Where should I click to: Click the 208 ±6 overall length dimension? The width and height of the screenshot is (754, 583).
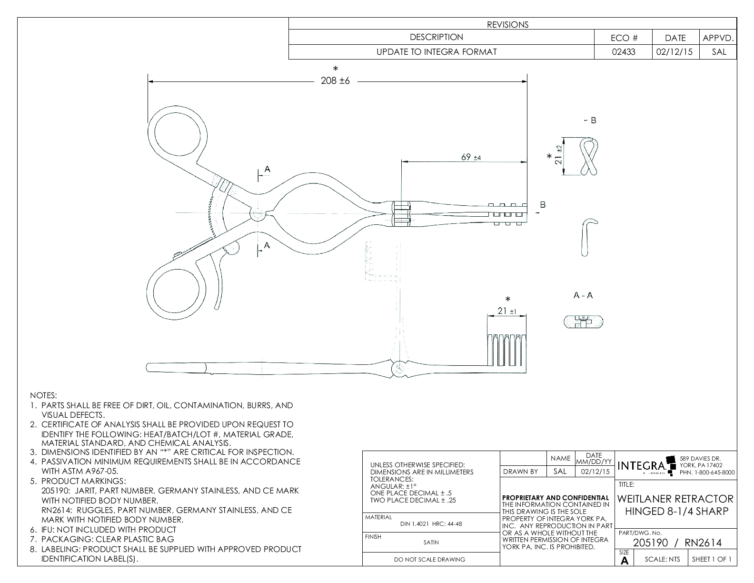click(336, 81)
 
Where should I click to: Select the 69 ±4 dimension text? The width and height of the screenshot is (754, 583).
click(471, 157)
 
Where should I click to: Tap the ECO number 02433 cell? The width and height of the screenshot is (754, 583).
click(623, 52)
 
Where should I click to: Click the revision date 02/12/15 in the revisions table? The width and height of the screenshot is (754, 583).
click(675, 52)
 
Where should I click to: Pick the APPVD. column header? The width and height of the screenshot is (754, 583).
click(718, 38)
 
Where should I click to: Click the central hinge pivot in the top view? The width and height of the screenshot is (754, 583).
click(258, 213)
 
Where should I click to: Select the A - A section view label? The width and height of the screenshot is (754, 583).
click(583, 295)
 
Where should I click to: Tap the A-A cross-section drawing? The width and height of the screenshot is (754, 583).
click(583, 322)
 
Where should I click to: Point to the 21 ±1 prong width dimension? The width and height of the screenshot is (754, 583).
click(506, 311)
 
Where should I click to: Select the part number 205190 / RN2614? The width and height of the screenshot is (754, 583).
click(677, 543)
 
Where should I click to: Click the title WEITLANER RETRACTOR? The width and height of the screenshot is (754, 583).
click(675, 499)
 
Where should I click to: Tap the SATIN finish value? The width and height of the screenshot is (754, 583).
click(431, 542)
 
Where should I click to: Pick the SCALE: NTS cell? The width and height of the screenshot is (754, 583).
click(662, 559)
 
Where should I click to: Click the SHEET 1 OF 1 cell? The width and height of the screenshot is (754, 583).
click(712, 559)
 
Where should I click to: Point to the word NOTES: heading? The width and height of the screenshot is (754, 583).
click(43, 395)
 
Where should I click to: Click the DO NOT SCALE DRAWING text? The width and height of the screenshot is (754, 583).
click(430, 560)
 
